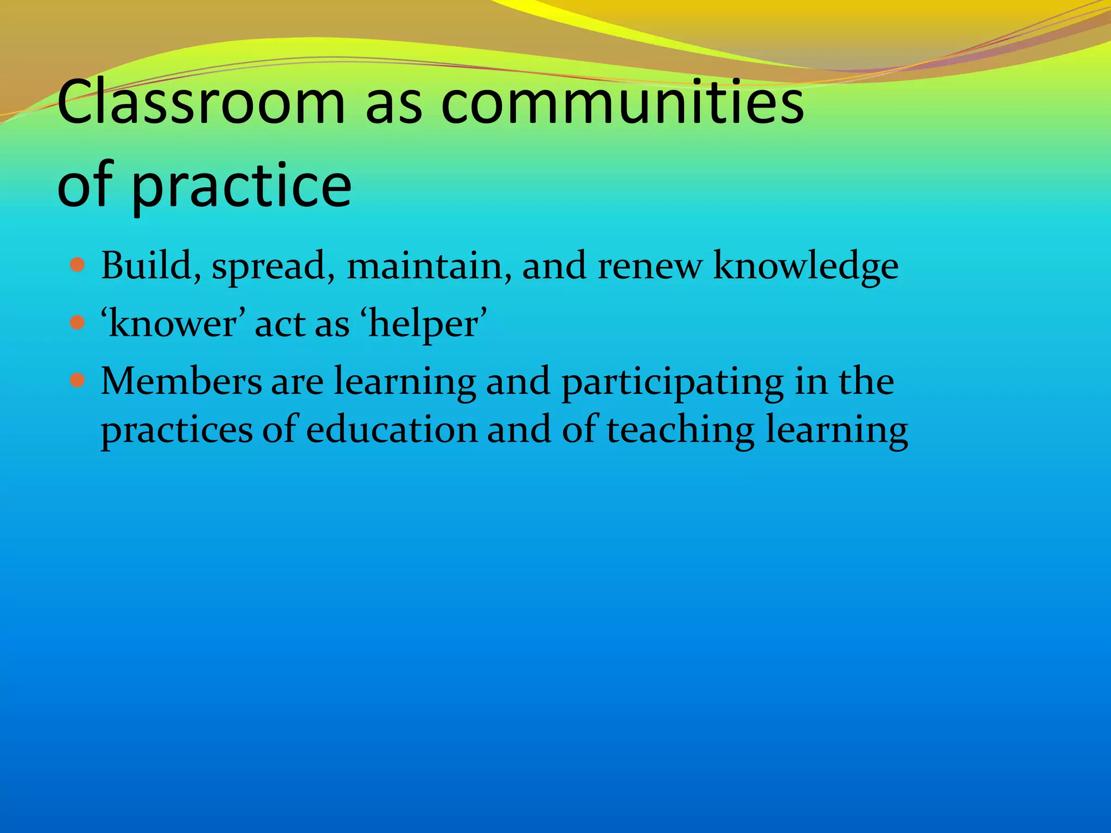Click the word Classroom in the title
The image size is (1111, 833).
[x=201, y=103]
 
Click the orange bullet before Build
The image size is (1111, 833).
[x=78, y=265]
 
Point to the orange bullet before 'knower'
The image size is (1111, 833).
[x=78, y=323]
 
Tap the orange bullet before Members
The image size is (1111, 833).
[x=78, y=381]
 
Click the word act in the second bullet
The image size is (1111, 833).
[x=279, y=324]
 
